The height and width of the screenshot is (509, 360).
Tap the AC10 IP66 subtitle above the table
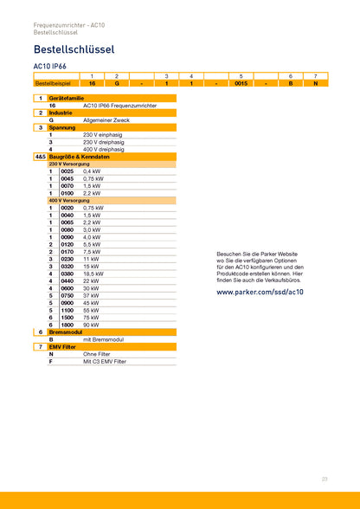tap(49, 66)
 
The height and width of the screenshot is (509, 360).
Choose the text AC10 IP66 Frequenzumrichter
tap(119, 106)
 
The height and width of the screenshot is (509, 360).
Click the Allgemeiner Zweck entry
tap(106, 120)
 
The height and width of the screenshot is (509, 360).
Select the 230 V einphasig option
tap(101, 135)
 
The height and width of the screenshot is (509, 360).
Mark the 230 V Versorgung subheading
tap(69, 164)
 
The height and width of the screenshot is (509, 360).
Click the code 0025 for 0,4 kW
tap(67, 171)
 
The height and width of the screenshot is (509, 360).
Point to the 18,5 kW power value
tap(93, 274)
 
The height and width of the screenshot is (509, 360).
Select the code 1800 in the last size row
tap(67, 325)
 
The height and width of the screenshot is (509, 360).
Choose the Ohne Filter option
tap(96, 354)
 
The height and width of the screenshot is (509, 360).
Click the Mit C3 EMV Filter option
tap(105, 361)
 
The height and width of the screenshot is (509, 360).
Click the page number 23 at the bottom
tap(325, 479)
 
